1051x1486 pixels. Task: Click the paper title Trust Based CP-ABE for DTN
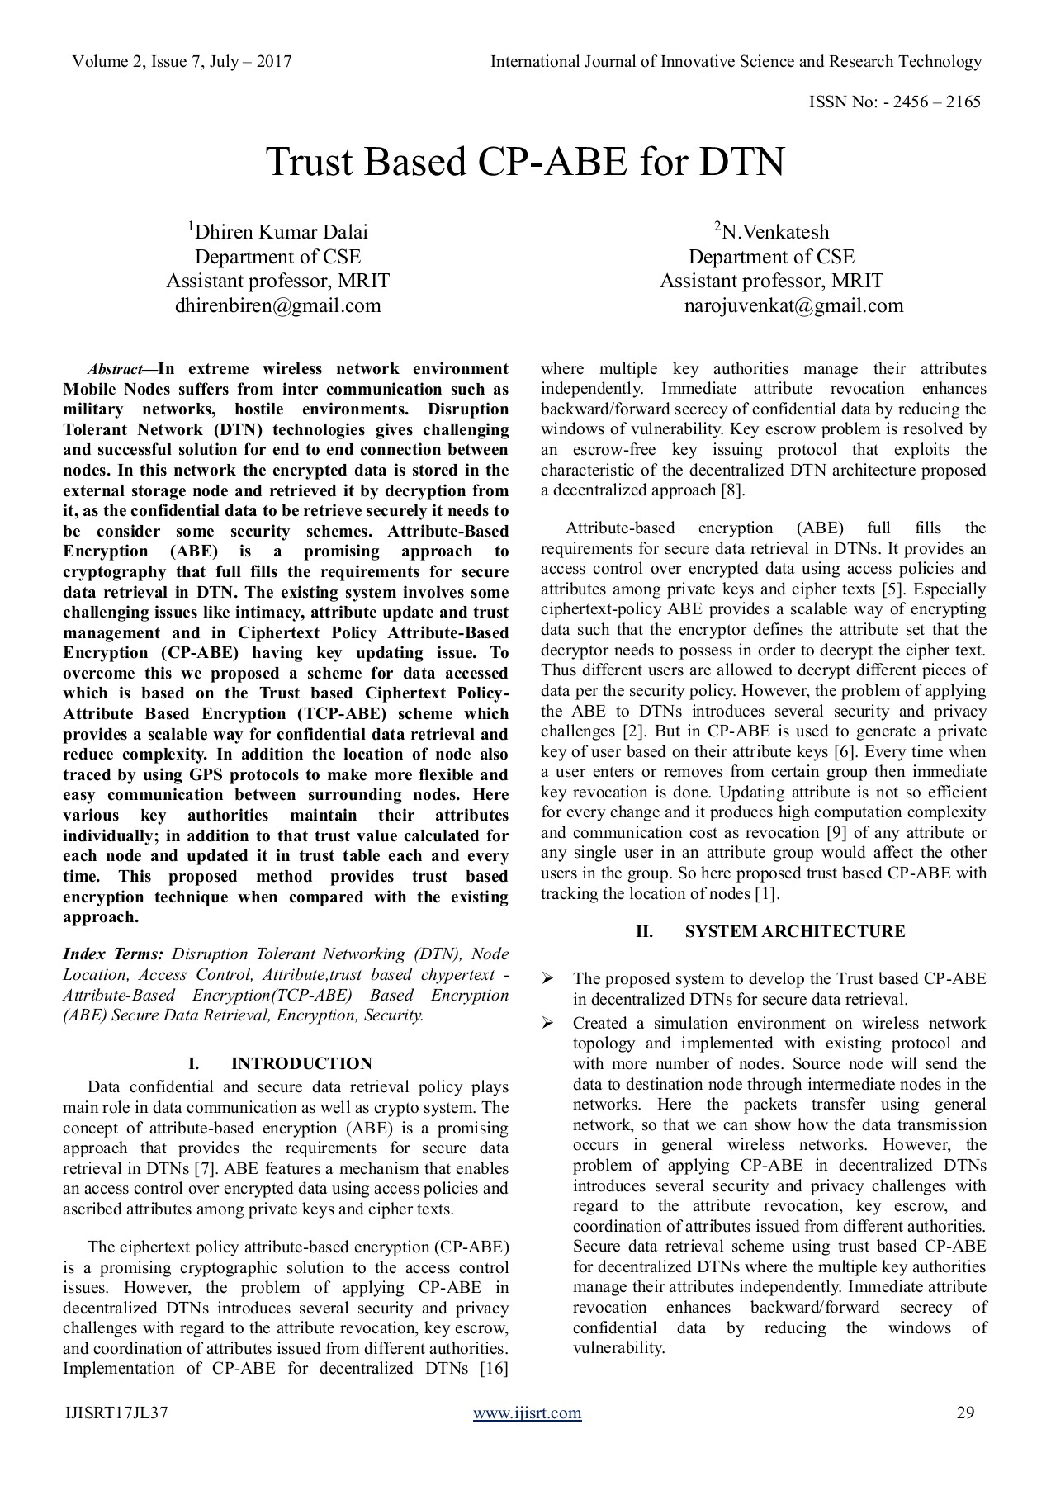tap(524, 162)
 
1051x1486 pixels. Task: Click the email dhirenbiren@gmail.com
tap(277, 306)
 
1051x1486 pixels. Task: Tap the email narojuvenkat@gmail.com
tap(793, 306)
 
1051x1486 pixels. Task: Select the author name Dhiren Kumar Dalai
tap(277, 232)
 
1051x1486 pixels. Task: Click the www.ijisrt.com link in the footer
tap(527, 1413)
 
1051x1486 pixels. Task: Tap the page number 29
tap(965, 1413)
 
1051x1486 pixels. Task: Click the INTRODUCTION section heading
tap(301, 1063)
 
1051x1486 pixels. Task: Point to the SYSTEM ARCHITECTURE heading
tap(794, 932)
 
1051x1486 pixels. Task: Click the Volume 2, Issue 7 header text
tap(182, 62)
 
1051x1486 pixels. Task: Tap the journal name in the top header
tap(736, 62)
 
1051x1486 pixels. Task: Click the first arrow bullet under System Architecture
tap(547, 979)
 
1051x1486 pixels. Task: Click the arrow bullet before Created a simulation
tap(547, 1024)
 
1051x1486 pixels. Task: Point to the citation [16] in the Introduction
tap(494, 1369)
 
